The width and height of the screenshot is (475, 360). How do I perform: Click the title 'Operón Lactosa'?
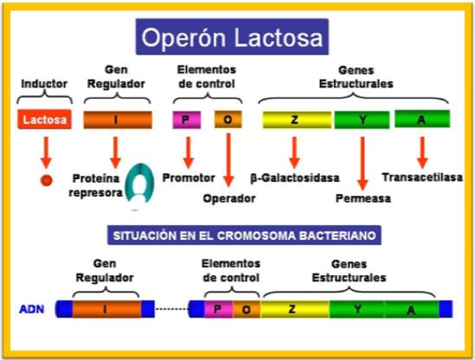pos(232,37)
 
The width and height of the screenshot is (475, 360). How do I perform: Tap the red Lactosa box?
pos(44,119)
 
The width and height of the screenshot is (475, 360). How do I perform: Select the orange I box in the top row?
pos(118,119)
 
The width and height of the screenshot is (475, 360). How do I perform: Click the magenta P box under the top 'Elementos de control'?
pos(187,119)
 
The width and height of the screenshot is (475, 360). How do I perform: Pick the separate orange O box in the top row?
pos(228,119)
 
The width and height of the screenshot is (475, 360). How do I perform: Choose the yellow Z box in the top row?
pos(297,119)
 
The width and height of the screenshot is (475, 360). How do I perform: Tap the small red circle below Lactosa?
pos(47,180)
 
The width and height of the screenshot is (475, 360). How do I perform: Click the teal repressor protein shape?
pos(139,186)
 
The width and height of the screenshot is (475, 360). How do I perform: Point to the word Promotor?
pos(189,178)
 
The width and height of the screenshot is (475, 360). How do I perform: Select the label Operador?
pos(229,199)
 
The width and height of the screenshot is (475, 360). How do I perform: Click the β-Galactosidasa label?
pos(295,178)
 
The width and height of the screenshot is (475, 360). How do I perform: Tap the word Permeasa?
pos(363,198)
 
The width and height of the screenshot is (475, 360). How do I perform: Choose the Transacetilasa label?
pos(422,177)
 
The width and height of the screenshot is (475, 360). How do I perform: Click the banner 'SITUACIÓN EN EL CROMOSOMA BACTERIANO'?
pos(244,235)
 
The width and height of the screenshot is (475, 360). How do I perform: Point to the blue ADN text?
pos(31,310)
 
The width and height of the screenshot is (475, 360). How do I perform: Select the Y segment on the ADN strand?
pos(356,310)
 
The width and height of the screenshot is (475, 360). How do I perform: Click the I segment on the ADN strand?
pos(106,309)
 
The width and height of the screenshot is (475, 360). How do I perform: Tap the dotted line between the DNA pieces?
pos(172,309)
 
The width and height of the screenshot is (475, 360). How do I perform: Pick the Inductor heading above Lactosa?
pos(44,84)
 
